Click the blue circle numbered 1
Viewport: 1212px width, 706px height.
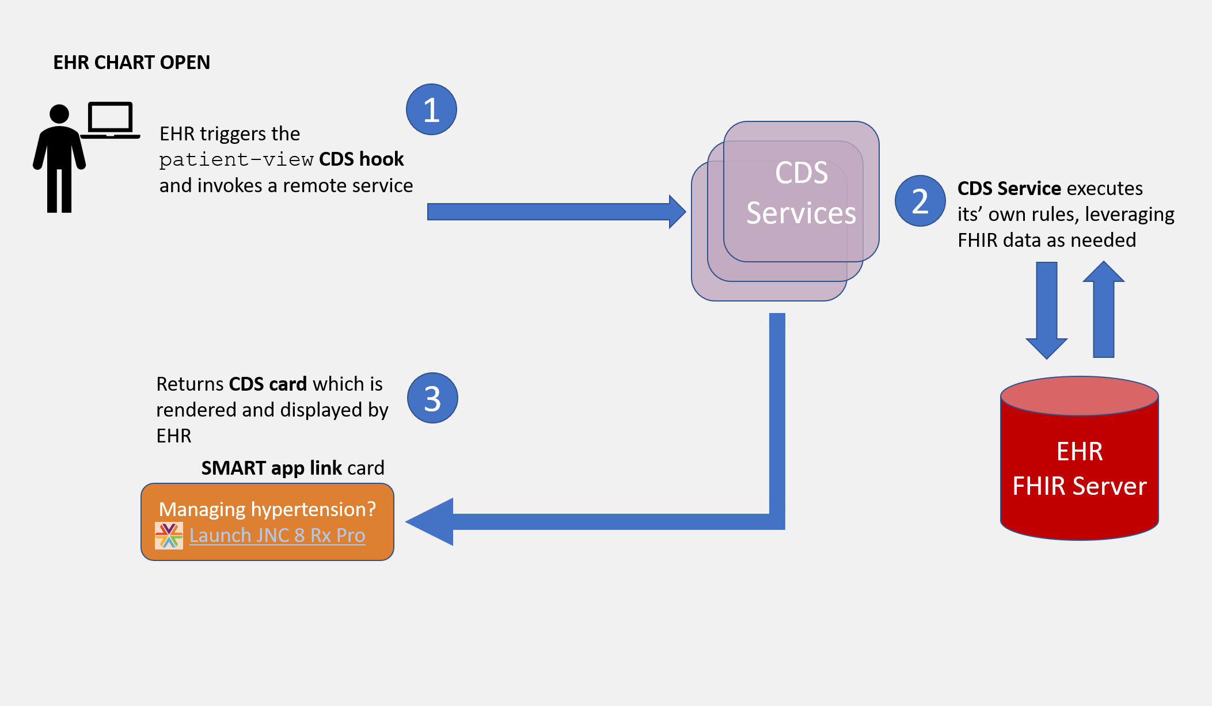[x=431, y=109]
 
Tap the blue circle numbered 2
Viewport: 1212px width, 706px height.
[x=920, y=201]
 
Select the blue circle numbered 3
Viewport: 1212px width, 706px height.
[x=432, y=398]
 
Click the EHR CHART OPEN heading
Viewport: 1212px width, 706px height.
[x=131, y=62]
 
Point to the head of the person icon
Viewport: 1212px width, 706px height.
[x=59, y=114]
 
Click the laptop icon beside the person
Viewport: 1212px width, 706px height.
[x=111, y=120]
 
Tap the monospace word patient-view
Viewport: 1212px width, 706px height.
[x=236, y=159]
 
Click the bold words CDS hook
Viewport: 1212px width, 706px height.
[x=362, y=159]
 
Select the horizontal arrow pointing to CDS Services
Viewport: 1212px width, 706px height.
[x=553, y=212]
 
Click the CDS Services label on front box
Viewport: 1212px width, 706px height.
[x=801, y=193]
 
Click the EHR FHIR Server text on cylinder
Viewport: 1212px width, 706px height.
[x=1080, y=469]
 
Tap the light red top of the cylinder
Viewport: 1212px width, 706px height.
[x=1080, y=396]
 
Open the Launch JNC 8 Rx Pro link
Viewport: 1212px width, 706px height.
[x=277, y=536]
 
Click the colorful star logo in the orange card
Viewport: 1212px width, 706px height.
[x=169, y=536]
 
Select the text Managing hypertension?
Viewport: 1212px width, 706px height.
[x=267, y=509]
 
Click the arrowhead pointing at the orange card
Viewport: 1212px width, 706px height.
[x=431, y=521]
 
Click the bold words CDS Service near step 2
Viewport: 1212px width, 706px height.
[x=1009, y=188]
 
